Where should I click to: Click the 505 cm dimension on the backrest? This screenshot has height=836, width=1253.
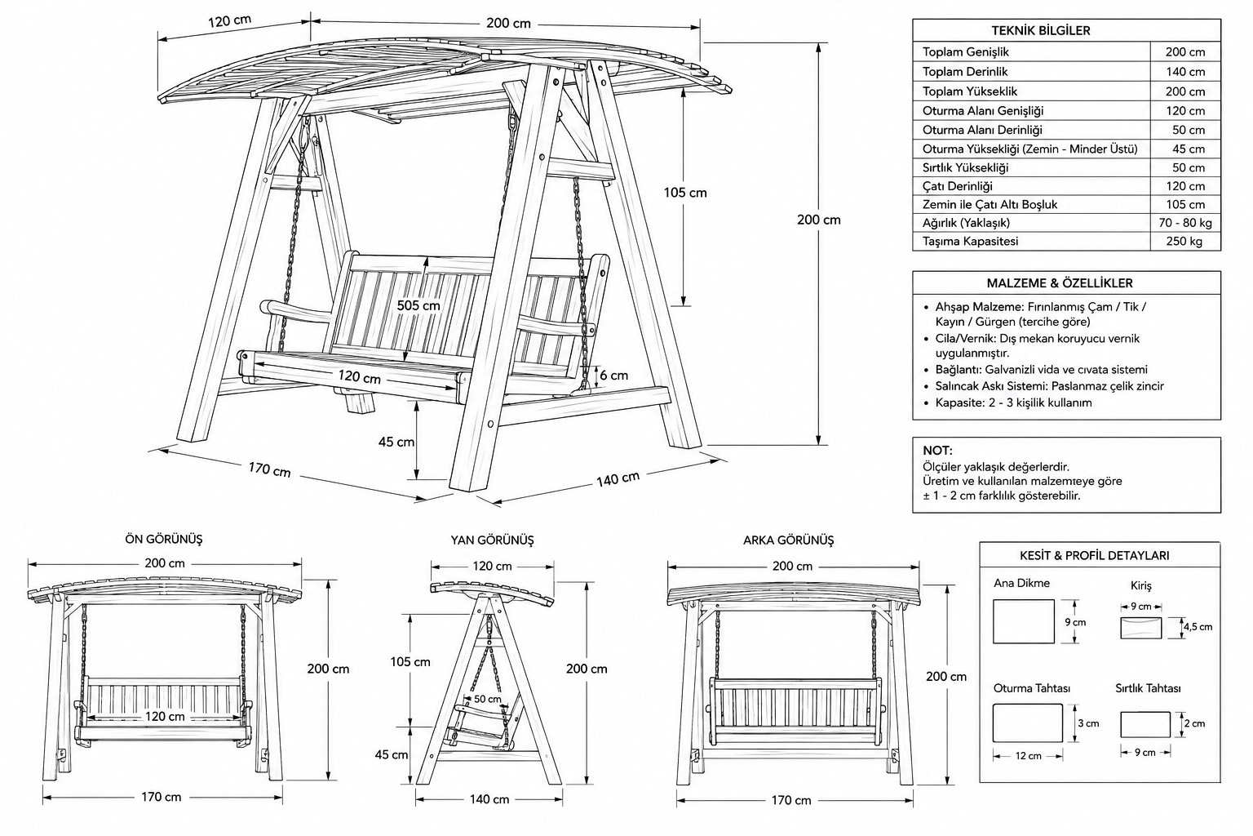(x=418, y=305)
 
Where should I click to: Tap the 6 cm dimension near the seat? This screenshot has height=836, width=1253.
(x=614, y=376)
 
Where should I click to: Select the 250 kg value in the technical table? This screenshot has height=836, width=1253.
(x=1184, y=242)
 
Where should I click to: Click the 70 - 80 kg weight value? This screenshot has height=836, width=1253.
(x=1185, y=223)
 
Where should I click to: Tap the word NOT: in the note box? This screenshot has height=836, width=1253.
(x=937, y=451)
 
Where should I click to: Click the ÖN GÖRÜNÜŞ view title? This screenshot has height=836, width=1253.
(x=164, y=539)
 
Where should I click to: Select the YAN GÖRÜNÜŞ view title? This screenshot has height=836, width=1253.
(x=492, y=540)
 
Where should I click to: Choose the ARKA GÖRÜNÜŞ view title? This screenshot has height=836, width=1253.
(x=788, y=540)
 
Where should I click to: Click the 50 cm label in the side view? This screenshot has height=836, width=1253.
(x=488, y=700)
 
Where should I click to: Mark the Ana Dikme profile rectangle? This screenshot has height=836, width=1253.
(x=1023, y=621)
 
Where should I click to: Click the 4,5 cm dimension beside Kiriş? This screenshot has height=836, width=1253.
(x=1198, y=626)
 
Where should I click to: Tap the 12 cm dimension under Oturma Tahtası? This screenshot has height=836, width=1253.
(x=1028, y=756)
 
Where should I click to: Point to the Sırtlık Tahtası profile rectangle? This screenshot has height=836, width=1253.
(x=1145, y=725)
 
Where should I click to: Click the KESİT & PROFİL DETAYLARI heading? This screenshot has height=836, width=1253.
(x=1095, y=555)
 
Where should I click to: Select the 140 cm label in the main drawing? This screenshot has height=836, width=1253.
(x=618, y=478)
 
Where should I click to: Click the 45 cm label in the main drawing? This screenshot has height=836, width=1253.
(x=396, y=442)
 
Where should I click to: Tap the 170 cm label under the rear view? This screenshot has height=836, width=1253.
(x=791, y=801)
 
